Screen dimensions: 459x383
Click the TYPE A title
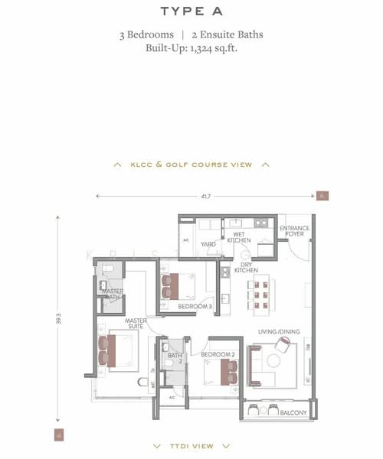pos(191,11)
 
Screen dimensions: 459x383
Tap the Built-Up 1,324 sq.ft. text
pos(191,47)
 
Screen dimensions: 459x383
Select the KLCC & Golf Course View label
pos(191,164)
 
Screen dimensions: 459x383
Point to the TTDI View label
pos(191,445)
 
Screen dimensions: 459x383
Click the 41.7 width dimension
pos(205,197)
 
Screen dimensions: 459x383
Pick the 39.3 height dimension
pos(58,317)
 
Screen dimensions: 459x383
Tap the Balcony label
pos(293,413)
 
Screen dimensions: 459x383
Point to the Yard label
pos(208,245)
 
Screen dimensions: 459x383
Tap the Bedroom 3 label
pos(195,306)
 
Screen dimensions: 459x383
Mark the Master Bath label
pos(113,294)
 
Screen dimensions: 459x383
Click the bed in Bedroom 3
pos(181,285)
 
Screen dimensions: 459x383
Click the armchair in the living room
pos(281,346)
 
